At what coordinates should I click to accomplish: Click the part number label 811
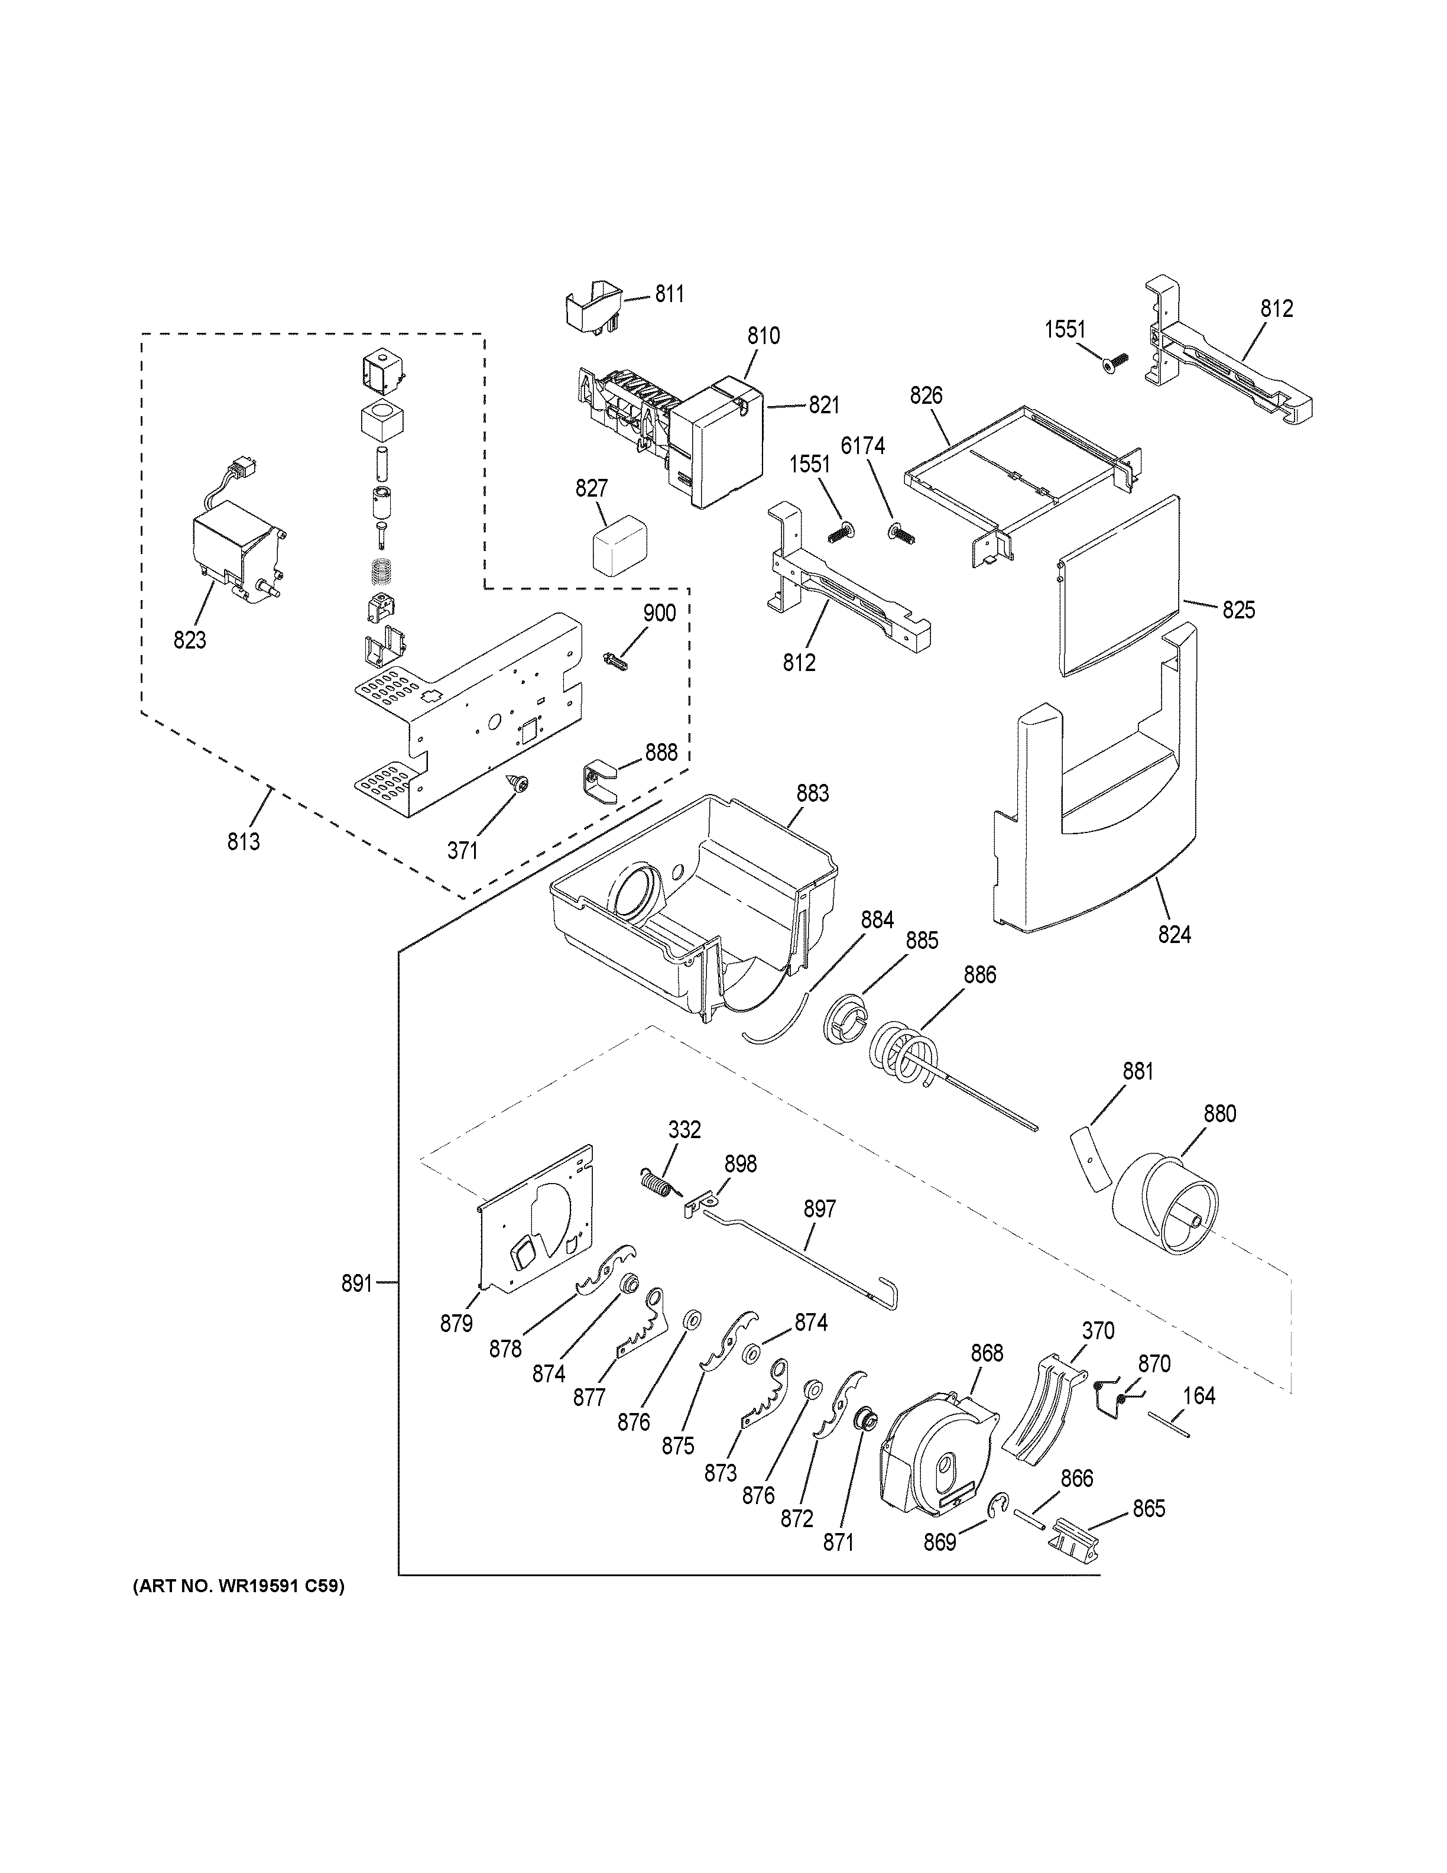[x=670, y=294]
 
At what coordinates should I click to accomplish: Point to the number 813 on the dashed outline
[x=244, y=842]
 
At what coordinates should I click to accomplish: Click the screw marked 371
[x=518, y=782]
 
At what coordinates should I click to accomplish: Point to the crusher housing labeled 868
[x=935, y=1456]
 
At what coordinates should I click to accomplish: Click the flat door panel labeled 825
[x=1119, y=588]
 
